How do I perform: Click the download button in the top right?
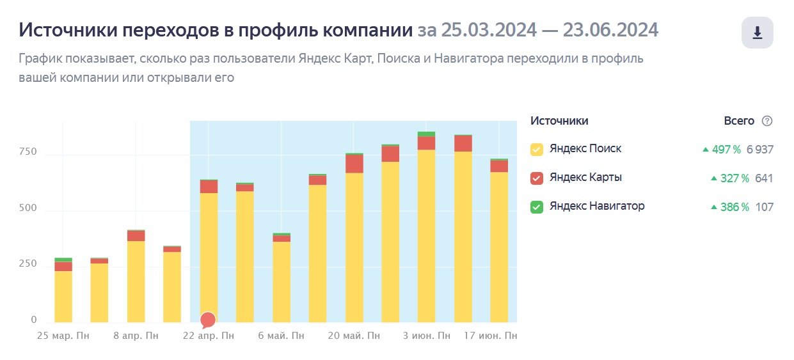coord(757,33)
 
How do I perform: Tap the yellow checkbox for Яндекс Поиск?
coord(537,150)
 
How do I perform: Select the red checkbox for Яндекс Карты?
coord(537,178)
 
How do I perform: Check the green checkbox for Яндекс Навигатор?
coord(537,207)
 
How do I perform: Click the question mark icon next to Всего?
coord(767,121)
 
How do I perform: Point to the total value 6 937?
coord(759,150)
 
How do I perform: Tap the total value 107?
coord(764,207)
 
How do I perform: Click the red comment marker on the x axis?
coord(208,319)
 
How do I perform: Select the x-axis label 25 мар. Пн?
coord(63,335)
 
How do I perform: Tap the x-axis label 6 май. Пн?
coord(282,335)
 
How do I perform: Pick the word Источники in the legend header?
coord(559,121)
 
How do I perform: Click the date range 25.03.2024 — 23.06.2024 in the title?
coord(538,30)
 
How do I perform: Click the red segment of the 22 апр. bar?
coord(209,186)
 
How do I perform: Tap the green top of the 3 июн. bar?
coord(426,134)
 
